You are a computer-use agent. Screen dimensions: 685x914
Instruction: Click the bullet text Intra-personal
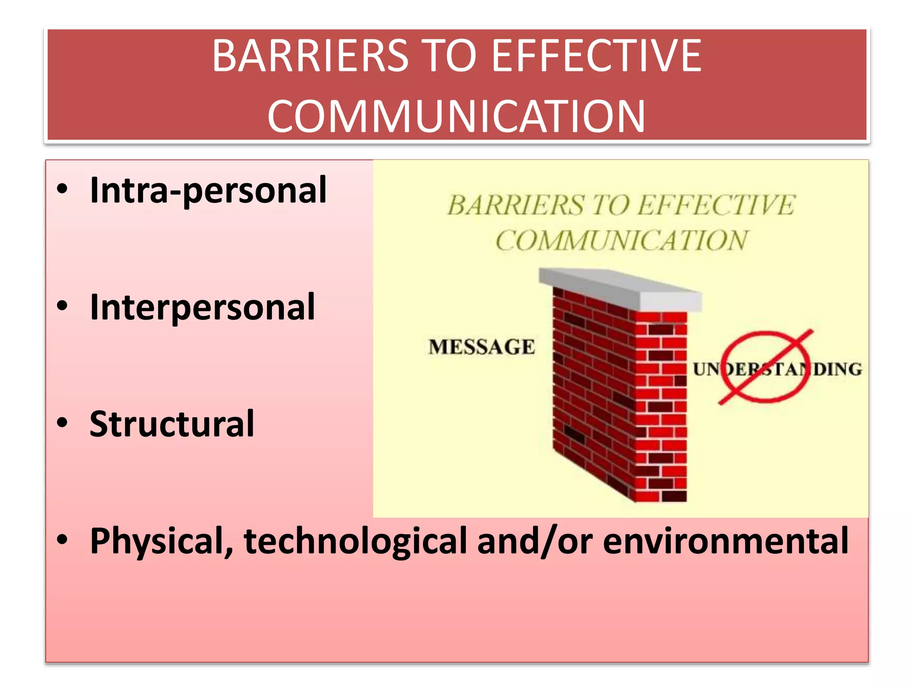pyautogui.click(x=208, y=190)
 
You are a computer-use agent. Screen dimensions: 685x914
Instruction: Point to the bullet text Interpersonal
pyautogui.click(x=202, y=307)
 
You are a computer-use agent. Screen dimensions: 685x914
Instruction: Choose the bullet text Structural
pyautogui.click(x=172, y=424)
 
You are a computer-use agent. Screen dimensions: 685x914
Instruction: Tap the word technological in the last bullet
pyautogui.click(x=355, y=541)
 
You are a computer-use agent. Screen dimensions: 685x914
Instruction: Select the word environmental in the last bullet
pyautogui.click(x=726, y=541)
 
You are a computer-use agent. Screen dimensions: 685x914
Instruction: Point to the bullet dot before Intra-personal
pyautogui.click(x=62, y=189)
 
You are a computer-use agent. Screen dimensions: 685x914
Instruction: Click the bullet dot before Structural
pyautogui.click(x=62, y=423)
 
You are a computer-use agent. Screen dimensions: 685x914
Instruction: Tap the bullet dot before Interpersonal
pyautogui.click(x=62, y=306)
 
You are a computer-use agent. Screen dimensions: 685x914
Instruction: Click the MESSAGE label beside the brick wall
pyautogui.click(x=482, y=347)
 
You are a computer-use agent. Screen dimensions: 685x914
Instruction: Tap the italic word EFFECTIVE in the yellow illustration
pyautogui.click(x=716, y=205)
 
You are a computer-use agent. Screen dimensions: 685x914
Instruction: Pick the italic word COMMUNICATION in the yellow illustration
pyautogui.click(x=621, y=241)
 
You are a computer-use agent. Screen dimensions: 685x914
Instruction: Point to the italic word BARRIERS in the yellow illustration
pyautogui.click(x=515, y=205)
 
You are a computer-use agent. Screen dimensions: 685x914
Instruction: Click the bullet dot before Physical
pyautogui.click(x=62, y=540)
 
